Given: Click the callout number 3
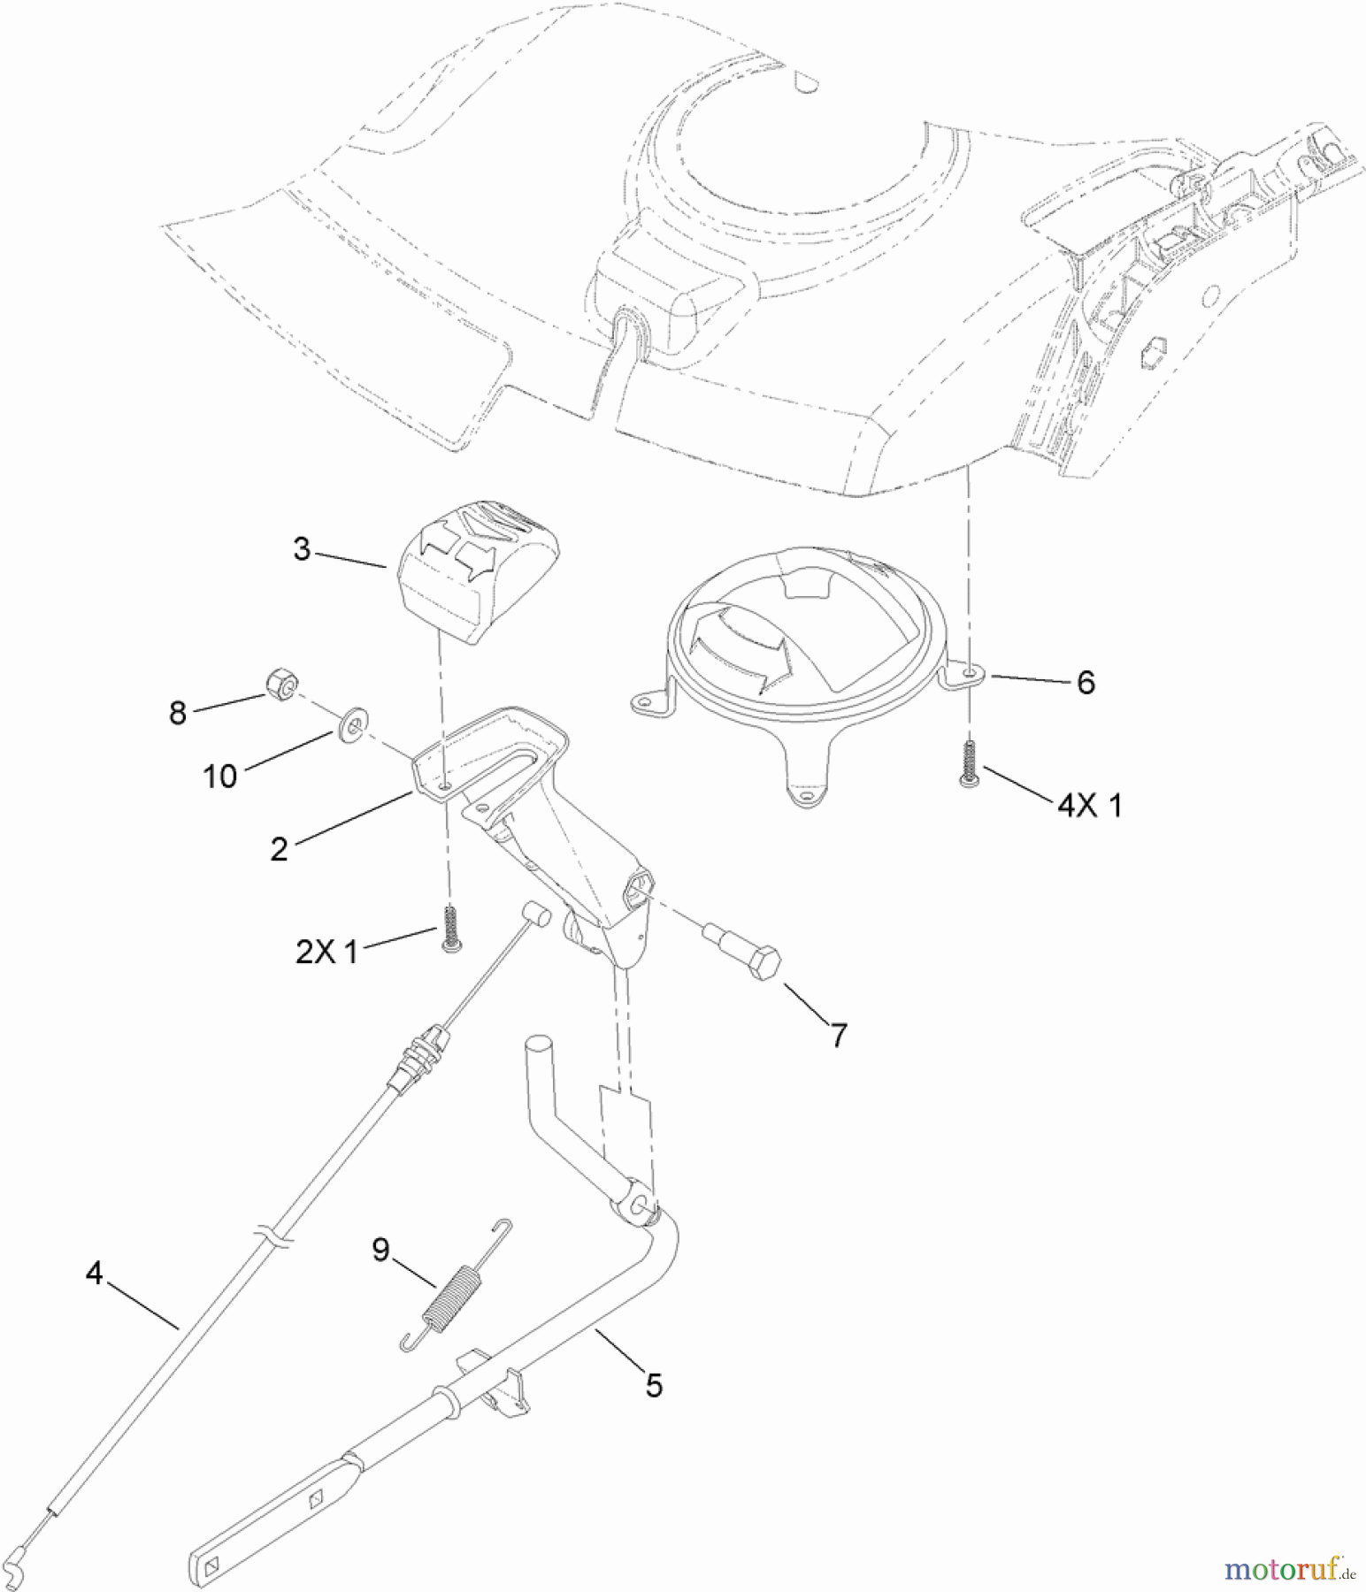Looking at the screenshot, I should pyautogui.click(x=302, y=549).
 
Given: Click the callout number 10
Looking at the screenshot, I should pyautogui.click(x=220, y=777).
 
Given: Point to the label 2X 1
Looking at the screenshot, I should pyautogui.click(x=326, y=953).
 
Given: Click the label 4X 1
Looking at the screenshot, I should pyautogui.click(x=1088, y=806).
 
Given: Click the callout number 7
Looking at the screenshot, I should pyautogui.click(x=837, y=1034).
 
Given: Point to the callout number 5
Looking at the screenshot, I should pyautogui.click(x=653, y=1385).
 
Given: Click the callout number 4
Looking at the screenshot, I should pyautogui.click(x=95, y=1274).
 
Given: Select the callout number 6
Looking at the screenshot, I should pyautogui.click(x=1085, y=682).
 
